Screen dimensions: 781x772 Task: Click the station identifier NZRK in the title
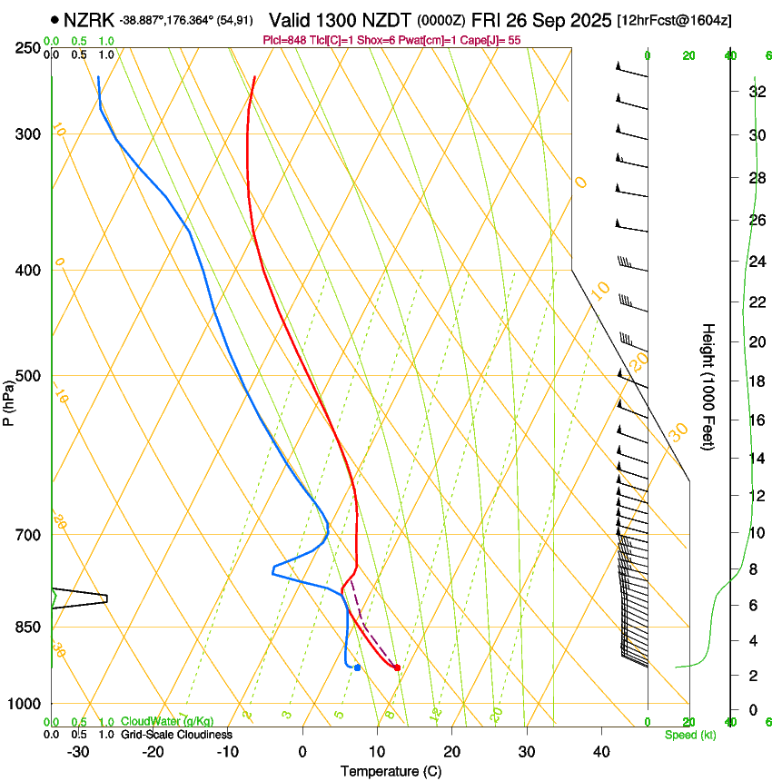(x=89, y=19)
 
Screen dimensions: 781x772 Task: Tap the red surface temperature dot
(x=397, y=667)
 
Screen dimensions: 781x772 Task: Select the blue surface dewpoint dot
(x=358, y=667)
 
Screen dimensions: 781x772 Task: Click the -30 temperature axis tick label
(x=78, y=752)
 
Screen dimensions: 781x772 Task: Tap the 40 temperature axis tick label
(x=600, y=752)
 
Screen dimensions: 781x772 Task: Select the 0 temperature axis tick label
(x=302, y=752)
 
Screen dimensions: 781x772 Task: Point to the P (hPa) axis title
(x=9, y=399)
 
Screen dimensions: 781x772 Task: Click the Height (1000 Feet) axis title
(x=708, y=386)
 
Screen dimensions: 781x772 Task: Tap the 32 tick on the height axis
(x=754, y=91)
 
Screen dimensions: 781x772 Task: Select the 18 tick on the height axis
(x=754, y=381)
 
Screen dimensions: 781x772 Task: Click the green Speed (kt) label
(x=689, y=735)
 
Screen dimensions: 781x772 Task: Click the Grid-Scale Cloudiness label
(x=176, y=735)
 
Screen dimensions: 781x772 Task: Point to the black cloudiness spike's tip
(x=107, y=598)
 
